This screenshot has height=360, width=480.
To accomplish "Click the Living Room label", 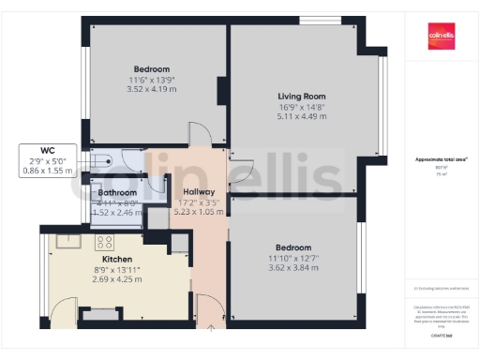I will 301,96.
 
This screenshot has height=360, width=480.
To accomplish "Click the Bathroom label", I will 118,192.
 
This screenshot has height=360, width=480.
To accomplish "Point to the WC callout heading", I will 47,150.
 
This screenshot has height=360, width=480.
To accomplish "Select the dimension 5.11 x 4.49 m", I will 301,117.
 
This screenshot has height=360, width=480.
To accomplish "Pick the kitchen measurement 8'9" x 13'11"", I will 116,269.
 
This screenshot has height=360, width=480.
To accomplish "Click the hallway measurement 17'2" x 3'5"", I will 199,201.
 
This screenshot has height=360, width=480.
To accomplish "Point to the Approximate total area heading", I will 441,159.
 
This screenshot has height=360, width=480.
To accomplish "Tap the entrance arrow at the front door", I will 210,328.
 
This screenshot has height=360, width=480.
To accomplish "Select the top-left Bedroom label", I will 151,69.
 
